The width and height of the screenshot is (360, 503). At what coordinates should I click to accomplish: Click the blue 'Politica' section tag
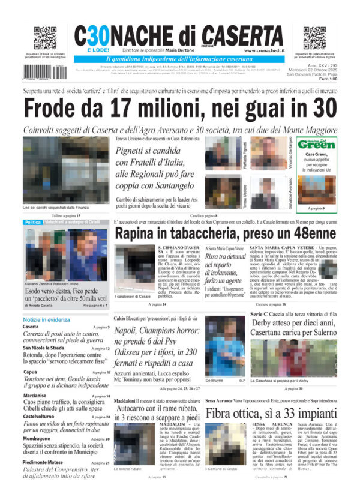33,222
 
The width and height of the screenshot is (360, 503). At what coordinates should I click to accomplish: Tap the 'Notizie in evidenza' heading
48,319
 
